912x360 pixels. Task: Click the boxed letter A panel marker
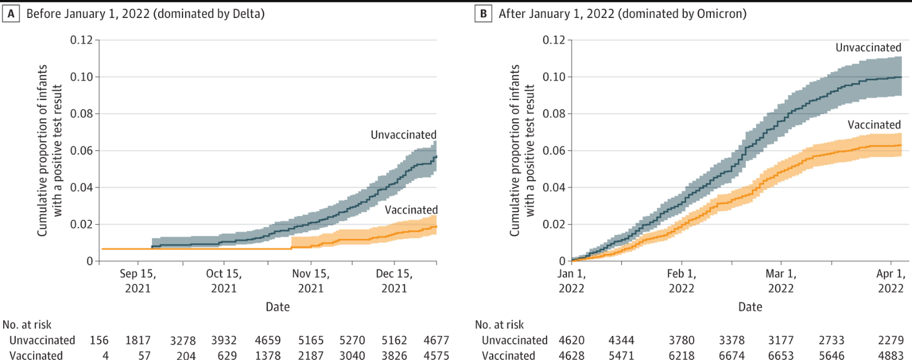11,14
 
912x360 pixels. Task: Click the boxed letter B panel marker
483,14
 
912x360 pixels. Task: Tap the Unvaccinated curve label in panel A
403,135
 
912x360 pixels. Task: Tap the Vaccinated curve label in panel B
874,125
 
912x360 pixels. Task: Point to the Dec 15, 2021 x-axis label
394,281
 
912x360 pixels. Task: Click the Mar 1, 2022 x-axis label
780,281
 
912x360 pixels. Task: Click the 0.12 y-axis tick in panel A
81,40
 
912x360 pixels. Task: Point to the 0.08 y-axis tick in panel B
553,114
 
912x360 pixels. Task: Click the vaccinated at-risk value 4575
434,356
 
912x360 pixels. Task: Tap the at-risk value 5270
352,340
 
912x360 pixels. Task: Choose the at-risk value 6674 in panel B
737,356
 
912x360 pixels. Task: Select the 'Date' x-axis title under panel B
749,307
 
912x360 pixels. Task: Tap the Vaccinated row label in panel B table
509,356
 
